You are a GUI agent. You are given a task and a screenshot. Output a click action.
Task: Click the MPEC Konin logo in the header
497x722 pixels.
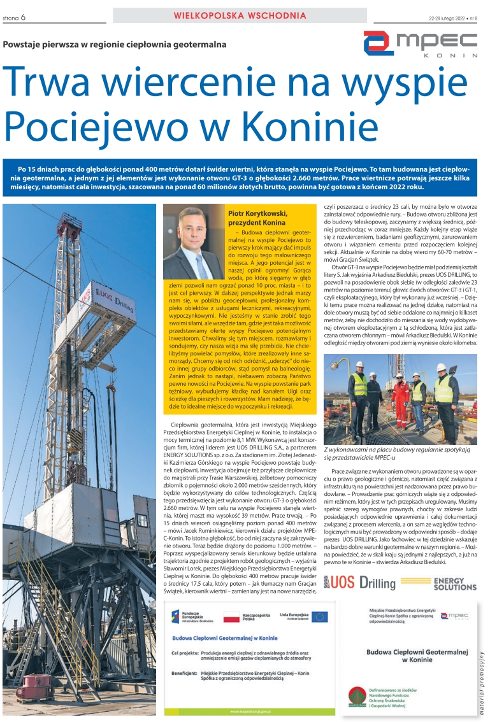click(x=420, y=43)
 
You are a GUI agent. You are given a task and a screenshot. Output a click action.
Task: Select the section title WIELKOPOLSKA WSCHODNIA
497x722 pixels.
click(x=240, y=15)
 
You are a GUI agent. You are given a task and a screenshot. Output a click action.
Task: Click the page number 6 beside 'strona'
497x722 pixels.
click(x=23, y=18)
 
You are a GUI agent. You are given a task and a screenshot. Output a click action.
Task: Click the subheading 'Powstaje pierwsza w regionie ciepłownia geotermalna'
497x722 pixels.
click(x=115, y=44)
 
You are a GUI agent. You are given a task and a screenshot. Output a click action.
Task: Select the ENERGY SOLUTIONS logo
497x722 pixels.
click(x=455, y=583)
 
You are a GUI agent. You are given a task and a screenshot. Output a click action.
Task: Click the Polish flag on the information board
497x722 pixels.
click(x=231, y=617)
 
